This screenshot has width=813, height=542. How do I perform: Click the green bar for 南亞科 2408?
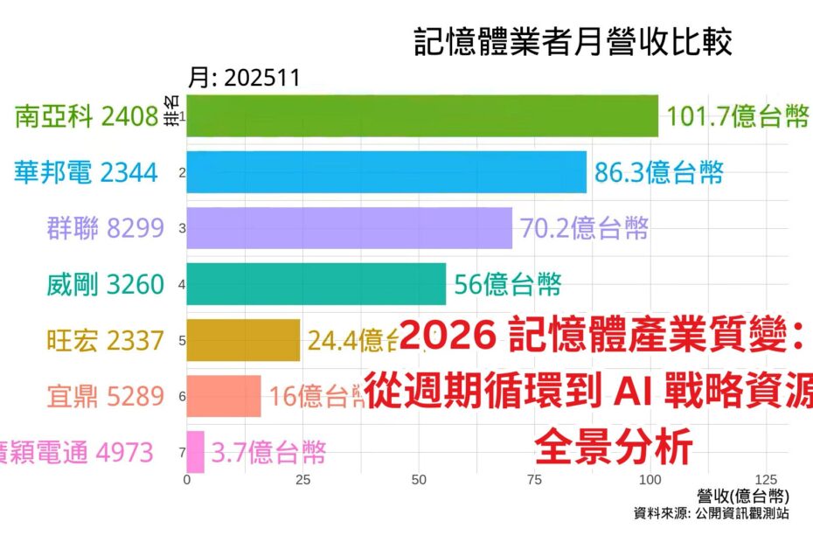pos(422,116)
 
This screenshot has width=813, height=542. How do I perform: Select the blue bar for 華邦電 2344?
pos(386,172)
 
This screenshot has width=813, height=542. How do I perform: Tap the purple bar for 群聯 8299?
pos(349,228)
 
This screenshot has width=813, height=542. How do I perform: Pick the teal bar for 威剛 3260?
pos(316,284)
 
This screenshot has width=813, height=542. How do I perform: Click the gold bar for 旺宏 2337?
pos(243,340)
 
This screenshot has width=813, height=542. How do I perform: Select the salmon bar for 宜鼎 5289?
pos(224,396)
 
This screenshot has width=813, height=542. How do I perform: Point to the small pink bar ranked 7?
pos(195,452)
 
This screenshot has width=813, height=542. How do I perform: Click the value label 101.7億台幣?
pos(737,116)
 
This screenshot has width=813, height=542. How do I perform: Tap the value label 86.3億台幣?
pos(659,172)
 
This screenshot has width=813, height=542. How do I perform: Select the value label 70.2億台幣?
pos(584,228)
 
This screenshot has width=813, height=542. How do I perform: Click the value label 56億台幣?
pos(507,284)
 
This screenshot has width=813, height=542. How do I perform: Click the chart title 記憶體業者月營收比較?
pos(573,43)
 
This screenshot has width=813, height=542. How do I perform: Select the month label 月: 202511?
pos(245,78)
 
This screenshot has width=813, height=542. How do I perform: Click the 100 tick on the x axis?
pos(650,480)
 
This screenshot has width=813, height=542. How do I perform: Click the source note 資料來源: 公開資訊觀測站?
pos(711,514)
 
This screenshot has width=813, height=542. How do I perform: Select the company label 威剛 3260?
pos(105,284)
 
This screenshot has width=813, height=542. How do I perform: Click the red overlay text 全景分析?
pos(614,448)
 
